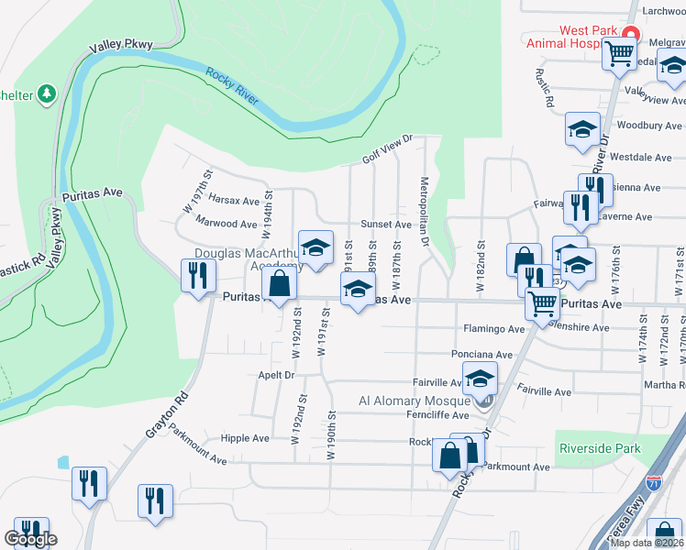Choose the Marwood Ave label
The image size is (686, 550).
click(227, 224)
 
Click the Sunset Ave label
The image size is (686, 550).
click(386, 224)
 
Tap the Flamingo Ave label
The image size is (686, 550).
click(493, 328)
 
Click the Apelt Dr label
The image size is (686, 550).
click(275, 376)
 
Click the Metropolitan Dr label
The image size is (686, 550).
click(425, 213)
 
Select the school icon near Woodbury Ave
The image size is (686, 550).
click(582, 130)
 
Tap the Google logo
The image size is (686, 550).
click(30, 539)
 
